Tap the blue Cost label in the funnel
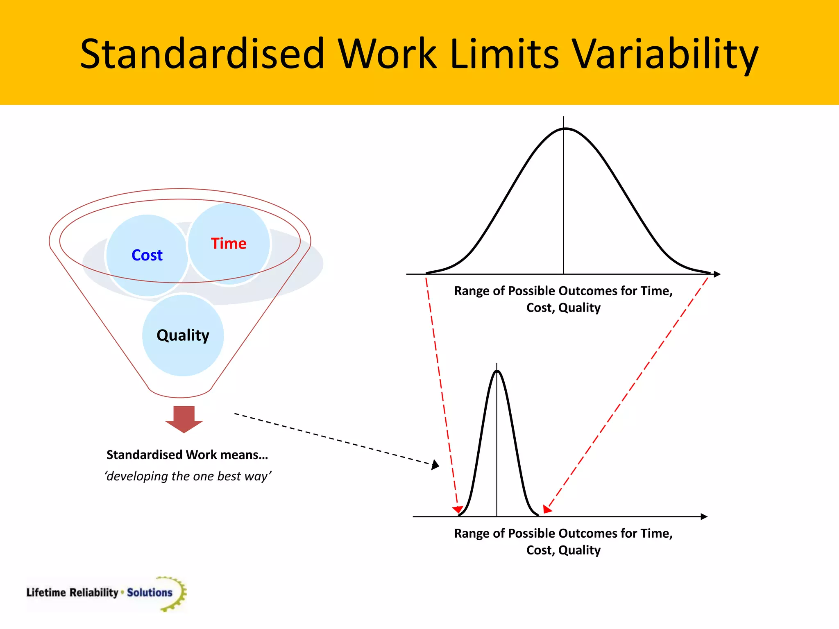point(147,255)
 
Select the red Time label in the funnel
point(229,244)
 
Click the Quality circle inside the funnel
point(183,335)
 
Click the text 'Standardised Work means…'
point(187,455)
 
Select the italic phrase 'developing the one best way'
point(188,476)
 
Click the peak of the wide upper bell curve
point(565,129)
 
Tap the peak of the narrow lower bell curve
point(497,371)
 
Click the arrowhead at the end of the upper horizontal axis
point(717,274)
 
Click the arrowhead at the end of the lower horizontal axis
point(704,516)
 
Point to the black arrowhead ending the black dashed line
point(435,465)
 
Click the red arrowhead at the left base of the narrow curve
point(457,509)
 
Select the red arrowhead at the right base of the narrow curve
point(547,509)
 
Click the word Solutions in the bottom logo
point(150,592)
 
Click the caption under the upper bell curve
point(563,299)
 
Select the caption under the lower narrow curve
point(563,541)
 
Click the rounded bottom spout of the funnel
point(180,392)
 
